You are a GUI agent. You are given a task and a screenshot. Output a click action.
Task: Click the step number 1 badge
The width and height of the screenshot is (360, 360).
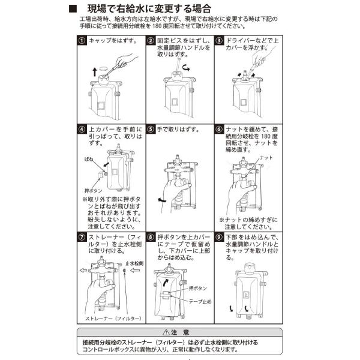(x=82, y=41)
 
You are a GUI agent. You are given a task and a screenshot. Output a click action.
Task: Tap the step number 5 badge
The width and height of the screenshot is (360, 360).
(x=151, y=129)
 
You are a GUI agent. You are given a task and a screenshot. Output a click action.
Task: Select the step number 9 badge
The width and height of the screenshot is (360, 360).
(x=219, y=237)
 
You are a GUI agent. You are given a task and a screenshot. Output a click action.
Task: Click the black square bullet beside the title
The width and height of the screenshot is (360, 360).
(x=73, y=9)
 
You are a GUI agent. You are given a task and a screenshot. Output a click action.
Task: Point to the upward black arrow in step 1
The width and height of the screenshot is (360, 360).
(x=95, y=71)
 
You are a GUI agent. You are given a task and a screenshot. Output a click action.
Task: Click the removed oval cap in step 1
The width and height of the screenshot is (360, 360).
(x=104, y=68)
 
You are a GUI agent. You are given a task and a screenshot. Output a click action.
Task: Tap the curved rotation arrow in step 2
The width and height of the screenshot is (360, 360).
(x=186, y=68)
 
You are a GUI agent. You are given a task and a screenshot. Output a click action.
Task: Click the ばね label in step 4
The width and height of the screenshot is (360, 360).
(x=89, y=159)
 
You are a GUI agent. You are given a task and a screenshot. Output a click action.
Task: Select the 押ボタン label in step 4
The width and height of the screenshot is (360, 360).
(x=93, y=191)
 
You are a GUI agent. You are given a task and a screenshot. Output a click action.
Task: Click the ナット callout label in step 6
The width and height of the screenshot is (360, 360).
(x=266, y=157)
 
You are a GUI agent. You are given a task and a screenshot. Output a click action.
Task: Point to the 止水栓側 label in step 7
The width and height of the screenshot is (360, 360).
(x=134, y=263)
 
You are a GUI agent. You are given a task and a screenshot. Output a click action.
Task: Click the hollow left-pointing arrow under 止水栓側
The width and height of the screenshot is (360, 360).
(x=135, y=270)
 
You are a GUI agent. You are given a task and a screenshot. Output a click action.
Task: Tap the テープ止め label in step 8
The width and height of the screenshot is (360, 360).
(x=200, y=301)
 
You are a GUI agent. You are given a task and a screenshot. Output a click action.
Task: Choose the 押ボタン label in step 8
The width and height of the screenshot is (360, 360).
(x=197, y=288)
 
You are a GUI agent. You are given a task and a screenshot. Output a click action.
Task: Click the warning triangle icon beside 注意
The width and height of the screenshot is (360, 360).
(x=166, y=332)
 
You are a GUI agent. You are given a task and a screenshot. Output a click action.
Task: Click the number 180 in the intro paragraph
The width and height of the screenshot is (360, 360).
(x=157, y=26)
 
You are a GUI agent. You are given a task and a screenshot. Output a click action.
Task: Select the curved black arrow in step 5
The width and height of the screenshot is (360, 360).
(x=162, y=200)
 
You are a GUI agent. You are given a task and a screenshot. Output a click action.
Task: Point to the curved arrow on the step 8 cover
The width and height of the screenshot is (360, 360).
(x=166, y=283)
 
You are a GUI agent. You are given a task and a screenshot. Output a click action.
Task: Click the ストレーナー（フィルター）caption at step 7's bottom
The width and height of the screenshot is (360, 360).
(x=113, y=319)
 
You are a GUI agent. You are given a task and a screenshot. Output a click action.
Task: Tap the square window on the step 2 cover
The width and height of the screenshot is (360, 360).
(x=175, y=102)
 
